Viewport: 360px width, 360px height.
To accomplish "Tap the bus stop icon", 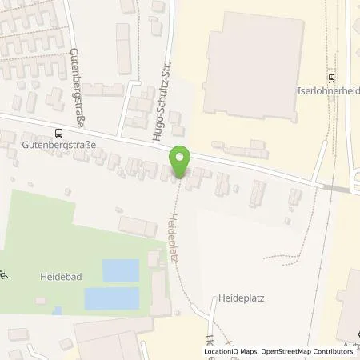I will point(58,133).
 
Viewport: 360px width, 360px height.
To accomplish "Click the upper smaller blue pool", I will point(120,270).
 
